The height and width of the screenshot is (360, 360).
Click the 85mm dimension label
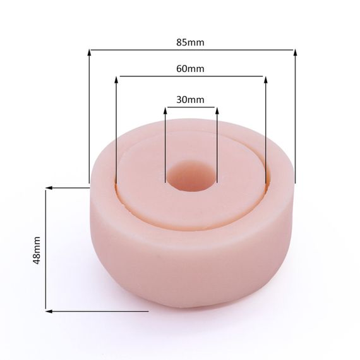pyautogui.click(x=191, y=43)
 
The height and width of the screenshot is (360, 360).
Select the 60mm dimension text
pyautogui.click(x=191, y=69)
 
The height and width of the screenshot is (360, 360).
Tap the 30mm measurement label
pyautogui.click(x=190, y=100)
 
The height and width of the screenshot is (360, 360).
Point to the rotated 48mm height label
pyautogui.click(x=37, y=250)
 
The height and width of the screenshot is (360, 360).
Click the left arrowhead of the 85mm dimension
pyautogui.click(x=89, y=53)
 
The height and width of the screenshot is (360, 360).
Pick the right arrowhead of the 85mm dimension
pyautogui.click(x=295, y=53)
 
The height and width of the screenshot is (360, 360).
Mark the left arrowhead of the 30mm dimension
pyautogui.click(x=165, y=111)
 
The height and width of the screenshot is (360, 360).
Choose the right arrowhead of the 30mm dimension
pyautogui.click(x=217, y=111)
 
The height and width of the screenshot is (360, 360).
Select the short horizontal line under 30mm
pyautogui.click(x=191, y=107)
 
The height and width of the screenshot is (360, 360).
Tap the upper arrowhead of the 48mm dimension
pyautogui.click(x=48, y=188)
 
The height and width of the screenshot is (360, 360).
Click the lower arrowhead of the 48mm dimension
pyautogui.click(x=48, y=310)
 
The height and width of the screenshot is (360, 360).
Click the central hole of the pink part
pyautogui.click(x=191, y=177)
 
